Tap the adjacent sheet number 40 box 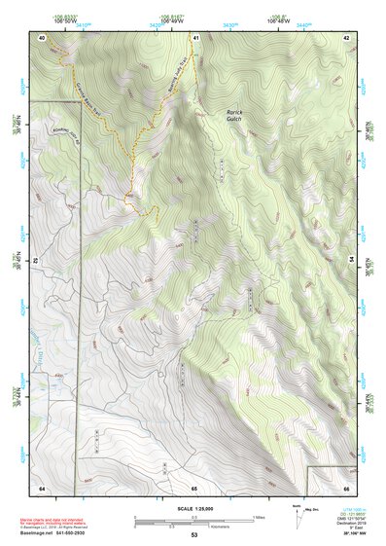click(41, 37)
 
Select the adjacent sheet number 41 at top click(194, 37)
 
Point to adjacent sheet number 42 click(346, 37)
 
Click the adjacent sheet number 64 click(41, 486)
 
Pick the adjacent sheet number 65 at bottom click(193, 486)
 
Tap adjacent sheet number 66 click(346, 486)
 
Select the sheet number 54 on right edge click(350, 261)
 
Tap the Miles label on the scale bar click(259, 516)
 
